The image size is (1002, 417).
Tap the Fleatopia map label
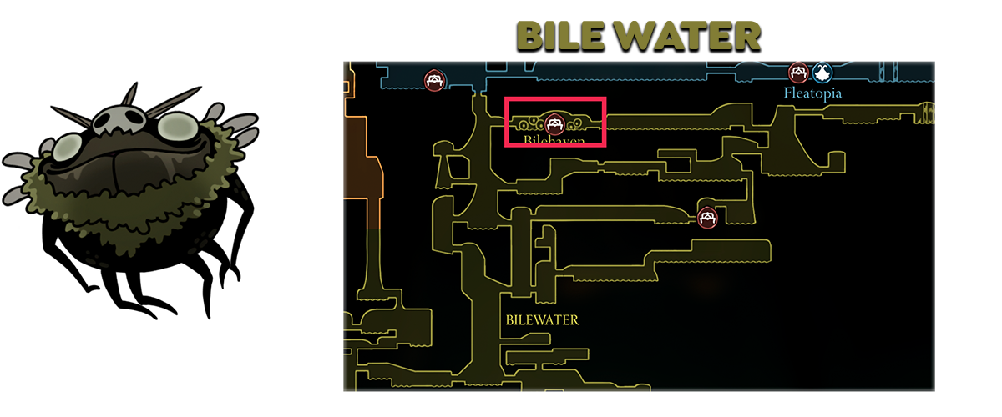(812, 93)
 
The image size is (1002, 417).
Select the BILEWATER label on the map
(542, 319)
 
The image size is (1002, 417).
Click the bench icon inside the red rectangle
(554, 124)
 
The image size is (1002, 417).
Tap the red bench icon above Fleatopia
(798, 73)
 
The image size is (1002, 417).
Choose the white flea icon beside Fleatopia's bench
(822, 73)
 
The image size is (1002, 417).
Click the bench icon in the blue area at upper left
(433, 80)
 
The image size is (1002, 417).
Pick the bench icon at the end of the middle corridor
(708, 219)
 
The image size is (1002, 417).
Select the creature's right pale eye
(174, 127)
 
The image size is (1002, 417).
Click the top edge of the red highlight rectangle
(555, 98)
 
